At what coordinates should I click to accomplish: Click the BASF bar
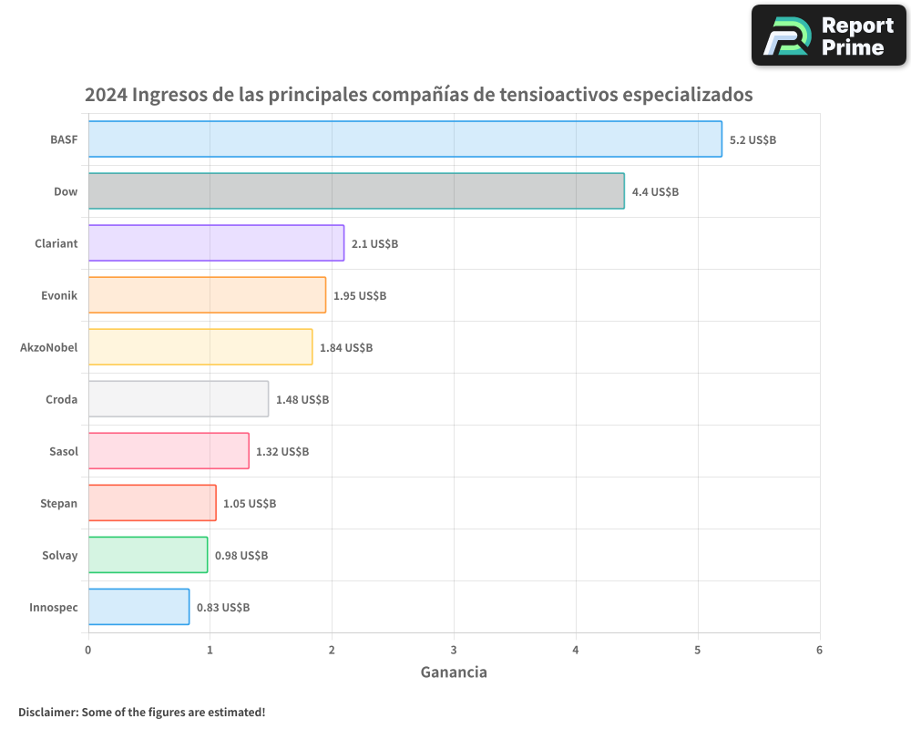(x=404, y=139)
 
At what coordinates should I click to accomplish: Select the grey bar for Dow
(x=355, y=191)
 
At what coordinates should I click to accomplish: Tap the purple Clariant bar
(x=216, y=243)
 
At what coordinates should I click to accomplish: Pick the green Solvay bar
(x=148, y=555)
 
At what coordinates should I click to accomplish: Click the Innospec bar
(x=138, y=607)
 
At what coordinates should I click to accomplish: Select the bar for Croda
(x=178, y=399)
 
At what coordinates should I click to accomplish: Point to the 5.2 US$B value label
(x=752, y=140)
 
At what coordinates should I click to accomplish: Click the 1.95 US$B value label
(x=359, y=296)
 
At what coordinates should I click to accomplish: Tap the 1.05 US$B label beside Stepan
(x=250, y=504)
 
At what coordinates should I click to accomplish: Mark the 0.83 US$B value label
(x=223, y=608)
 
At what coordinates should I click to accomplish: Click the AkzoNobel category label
(x=48, y=347)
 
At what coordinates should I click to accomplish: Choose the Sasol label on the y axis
(x=63, y=451)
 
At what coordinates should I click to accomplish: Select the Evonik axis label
(x=59, y=295)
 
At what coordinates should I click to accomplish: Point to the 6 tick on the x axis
(x=819, y=650)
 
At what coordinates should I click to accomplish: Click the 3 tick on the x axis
(x=454, y=650)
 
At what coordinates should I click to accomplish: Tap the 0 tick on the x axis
(x=88, y=650)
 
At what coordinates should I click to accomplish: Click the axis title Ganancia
(x=454, y=673)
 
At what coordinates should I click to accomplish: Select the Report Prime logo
(x=828, y=36)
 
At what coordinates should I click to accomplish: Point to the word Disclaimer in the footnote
(x=47, y=712)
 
